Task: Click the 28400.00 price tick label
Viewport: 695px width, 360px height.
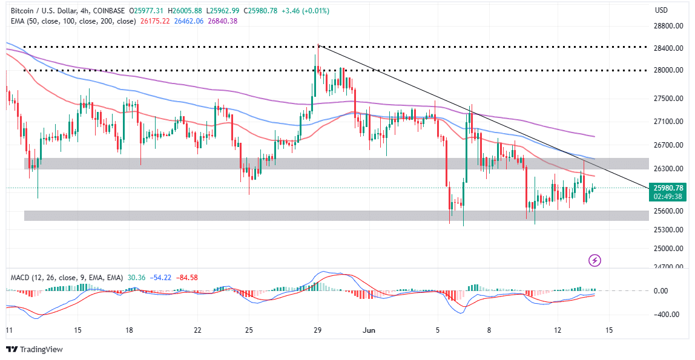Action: pyautogui.click(x=669, y=48)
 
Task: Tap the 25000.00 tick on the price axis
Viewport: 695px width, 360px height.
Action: pyautogui.click(x=669, y=248)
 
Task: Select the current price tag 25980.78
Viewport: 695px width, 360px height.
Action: pyautogui.click(x=669, y=188)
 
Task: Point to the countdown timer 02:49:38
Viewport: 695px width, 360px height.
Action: pyautogui.click(x=669, y=196)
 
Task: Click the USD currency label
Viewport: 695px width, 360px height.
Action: pyautogui.click(x=661, y=10)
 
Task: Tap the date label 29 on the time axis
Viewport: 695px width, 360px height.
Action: pyautogui.click(x=318, y=330)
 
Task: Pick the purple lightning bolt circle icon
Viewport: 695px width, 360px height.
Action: pyautogui.click(x=595, y=261)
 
